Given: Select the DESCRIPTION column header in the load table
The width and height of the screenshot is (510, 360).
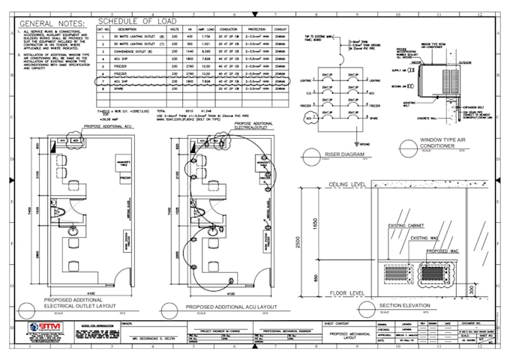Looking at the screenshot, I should point(127,28).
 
